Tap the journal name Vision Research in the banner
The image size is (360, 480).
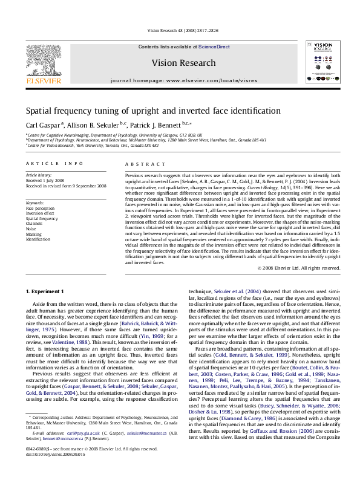183,63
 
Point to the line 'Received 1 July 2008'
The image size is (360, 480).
47,180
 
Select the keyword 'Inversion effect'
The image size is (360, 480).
40,213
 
